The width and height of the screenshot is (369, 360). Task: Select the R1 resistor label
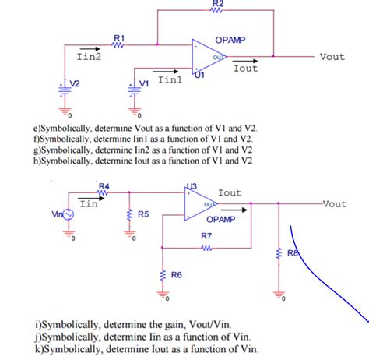[119, 37]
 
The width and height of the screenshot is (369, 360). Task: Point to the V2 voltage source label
[76, 83]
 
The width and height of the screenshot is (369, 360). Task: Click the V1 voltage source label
[143, 83]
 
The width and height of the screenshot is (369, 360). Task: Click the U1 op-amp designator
[199, 76]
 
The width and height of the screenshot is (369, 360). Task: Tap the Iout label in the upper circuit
[245, 69]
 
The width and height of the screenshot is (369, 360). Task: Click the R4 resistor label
[104, 186]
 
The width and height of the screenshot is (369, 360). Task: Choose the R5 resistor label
[143, 214]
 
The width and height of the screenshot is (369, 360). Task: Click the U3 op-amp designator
[193, 185]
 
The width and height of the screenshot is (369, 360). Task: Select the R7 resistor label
[206, 235]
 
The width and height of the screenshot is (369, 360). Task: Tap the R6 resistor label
[177, 275]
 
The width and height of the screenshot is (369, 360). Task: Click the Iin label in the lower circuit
[88, 203]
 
